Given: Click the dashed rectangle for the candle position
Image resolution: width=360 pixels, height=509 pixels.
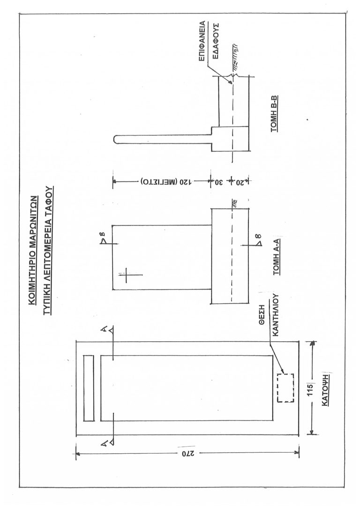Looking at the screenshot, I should [x=285, y=387].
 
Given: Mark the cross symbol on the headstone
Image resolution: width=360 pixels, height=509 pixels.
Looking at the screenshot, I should [x=127, y=277].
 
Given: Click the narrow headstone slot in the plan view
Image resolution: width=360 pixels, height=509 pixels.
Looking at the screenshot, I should [x=89, y=388].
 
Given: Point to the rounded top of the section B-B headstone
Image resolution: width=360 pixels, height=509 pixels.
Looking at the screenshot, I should [x=116, y=139].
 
